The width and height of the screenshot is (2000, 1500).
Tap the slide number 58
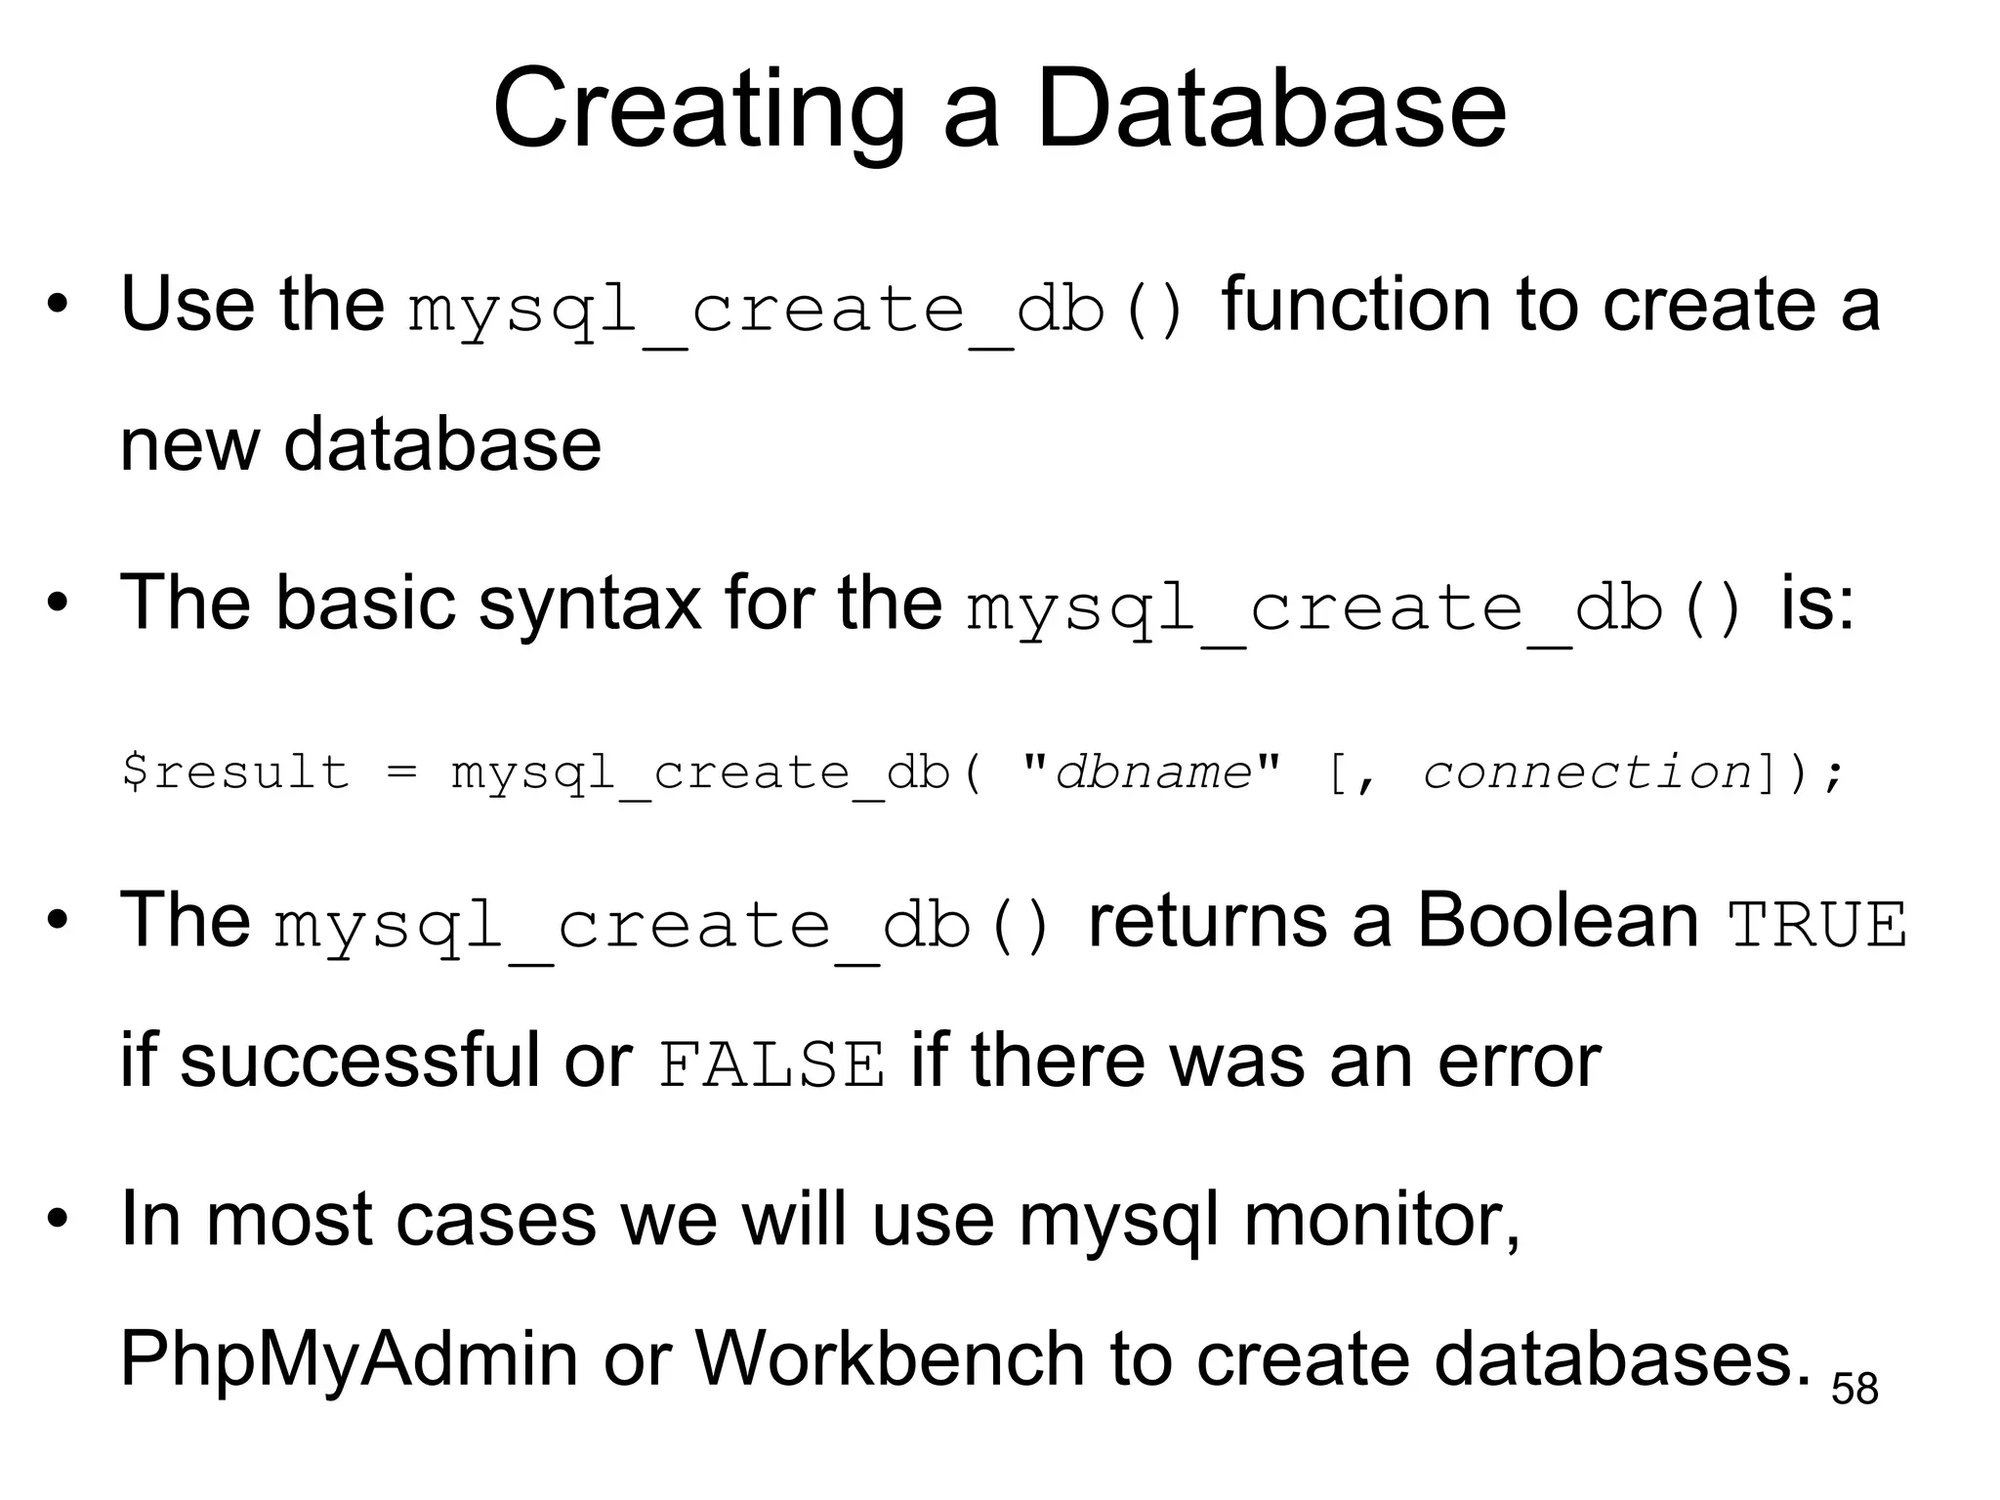pos(1854,1389)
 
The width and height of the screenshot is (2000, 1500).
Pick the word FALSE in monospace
pos(771,1064)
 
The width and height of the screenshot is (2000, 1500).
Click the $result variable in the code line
pos(234,772)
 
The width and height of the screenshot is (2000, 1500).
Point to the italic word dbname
pos(1153,772)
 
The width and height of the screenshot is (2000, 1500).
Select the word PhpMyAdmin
pos(349,1359)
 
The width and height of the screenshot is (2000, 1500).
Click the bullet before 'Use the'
pos(58,306)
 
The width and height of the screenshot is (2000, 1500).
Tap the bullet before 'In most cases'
pos(58,1220)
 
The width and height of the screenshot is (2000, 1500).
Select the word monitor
pos(1381,1220)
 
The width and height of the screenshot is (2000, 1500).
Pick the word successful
pos(358,1062)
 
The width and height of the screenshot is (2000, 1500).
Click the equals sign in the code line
pos(401,772)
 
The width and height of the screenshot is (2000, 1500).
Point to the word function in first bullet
pos(1356,304)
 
